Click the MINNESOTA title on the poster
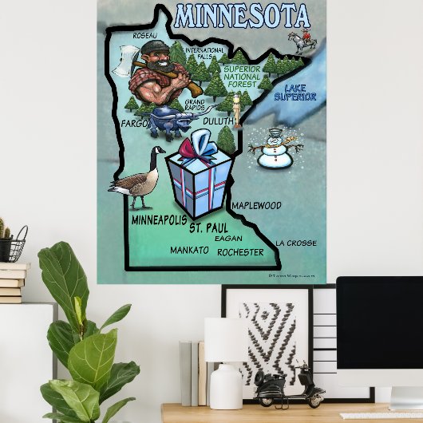click(241, 15)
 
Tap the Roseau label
click(144, 36)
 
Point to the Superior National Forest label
click(241, 75)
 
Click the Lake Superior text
click(295, 92)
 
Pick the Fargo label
click(135, 125)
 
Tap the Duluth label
click(219, 121)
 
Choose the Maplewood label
click(256, 205)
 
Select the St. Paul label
click(208, 228)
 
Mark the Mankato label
click(189, 251)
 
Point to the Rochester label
click(240, 252)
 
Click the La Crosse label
click(295, 243)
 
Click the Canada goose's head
click(159, 151)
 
